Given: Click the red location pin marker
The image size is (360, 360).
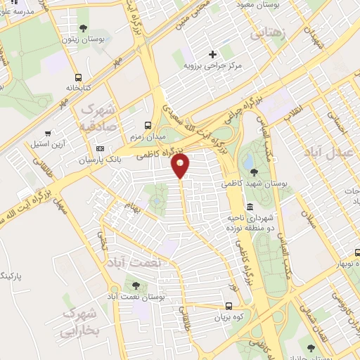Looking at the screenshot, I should pyautogui.click(x=181, y=166).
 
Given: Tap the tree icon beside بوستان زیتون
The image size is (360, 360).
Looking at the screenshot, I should pyautogui.click(x=84, y=29).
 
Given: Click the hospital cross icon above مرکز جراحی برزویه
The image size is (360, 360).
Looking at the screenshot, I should pyautogui.click(x=213, y=54).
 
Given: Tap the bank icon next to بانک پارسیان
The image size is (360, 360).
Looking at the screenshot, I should pyautogui.click(x=99, y=148).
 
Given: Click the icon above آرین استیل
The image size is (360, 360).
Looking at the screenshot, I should pyautogui.click(x=47, y=133).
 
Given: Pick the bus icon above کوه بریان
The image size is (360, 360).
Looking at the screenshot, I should pyautogui.click(x=229, y=306).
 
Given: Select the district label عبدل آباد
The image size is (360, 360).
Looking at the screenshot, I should pyautogui.click(x=326, y=151).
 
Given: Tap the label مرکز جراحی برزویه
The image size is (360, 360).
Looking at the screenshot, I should pyautogui.click(x=213, y=65).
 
